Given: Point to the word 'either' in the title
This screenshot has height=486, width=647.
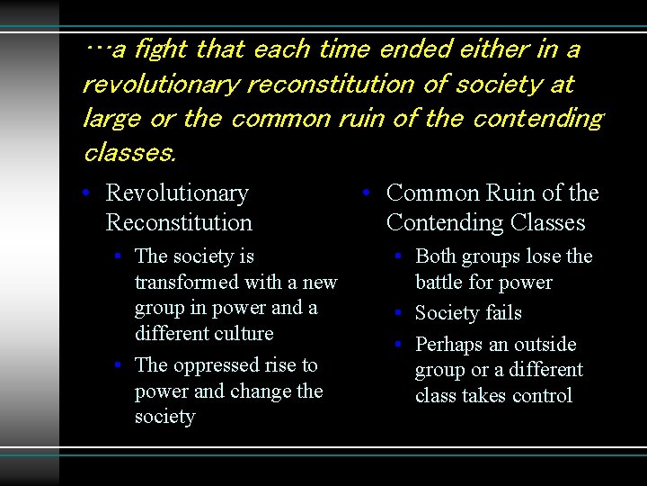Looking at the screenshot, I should point(491,49).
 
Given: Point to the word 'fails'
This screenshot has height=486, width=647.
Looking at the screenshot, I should point(502,313).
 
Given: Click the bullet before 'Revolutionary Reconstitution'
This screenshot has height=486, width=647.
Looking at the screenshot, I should point(84,194).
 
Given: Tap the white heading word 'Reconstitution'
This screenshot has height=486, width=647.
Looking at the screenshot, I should point(179,222).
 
